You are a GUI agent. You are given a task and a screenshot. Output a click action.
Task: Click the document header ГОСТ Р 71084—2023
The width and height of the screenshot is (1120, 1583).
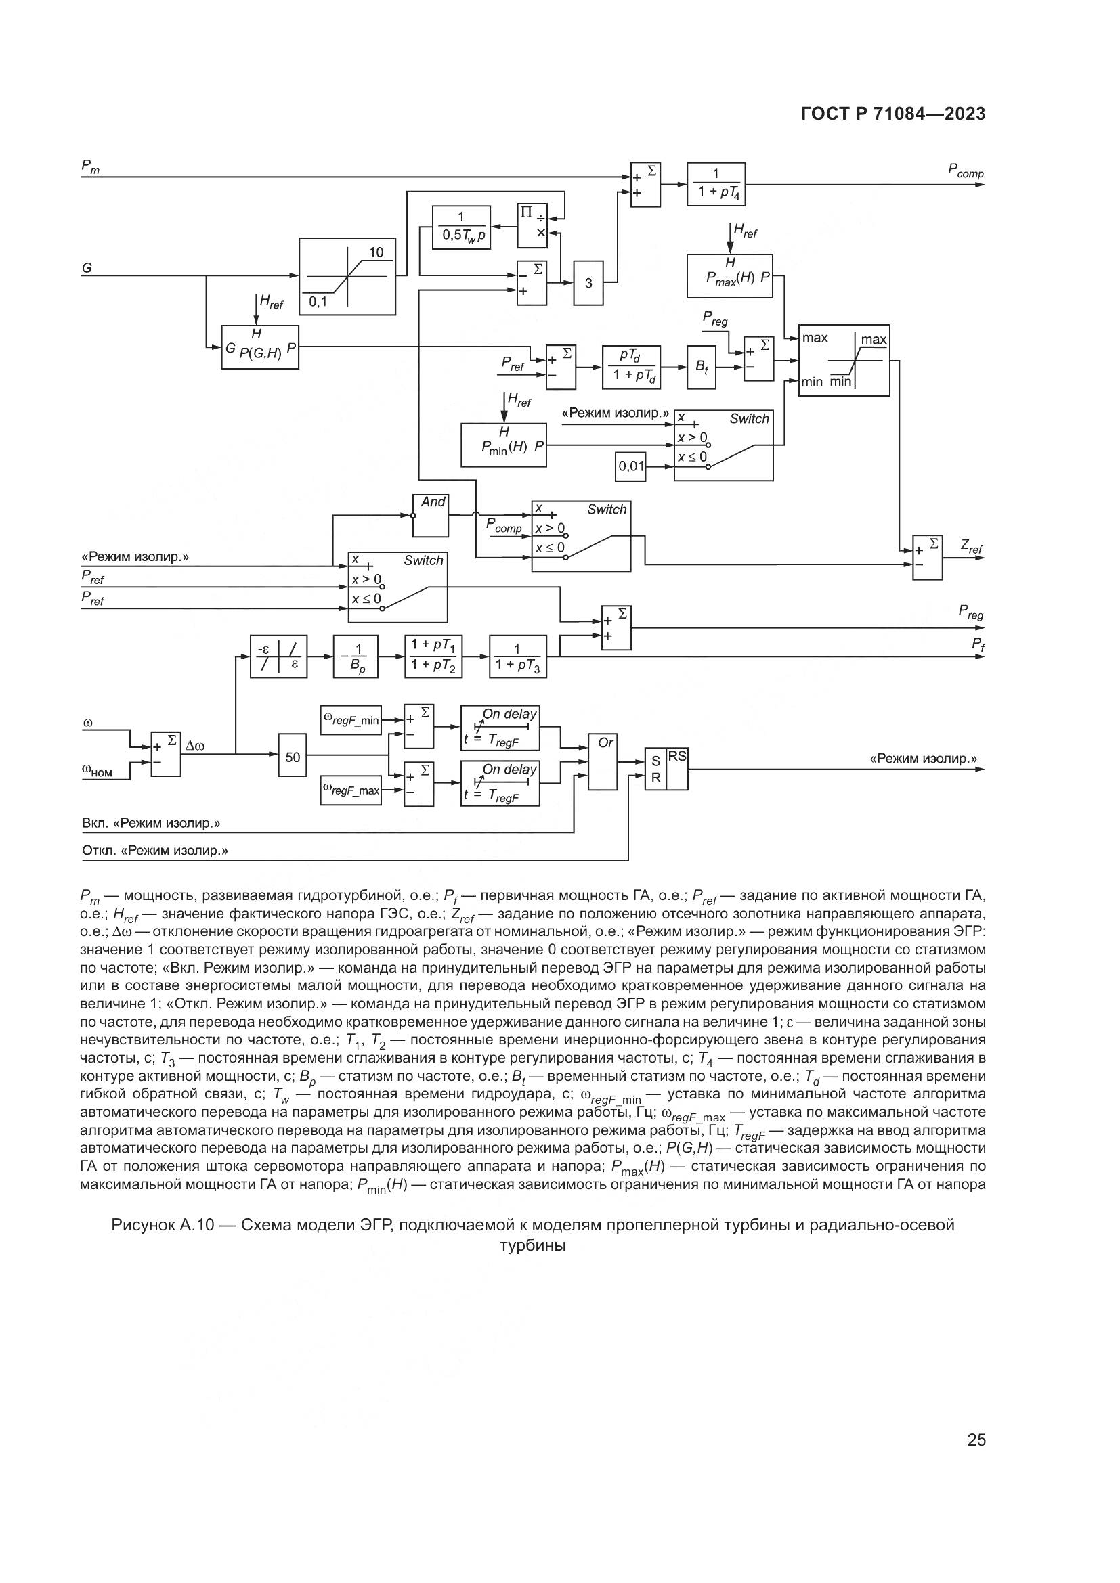893,114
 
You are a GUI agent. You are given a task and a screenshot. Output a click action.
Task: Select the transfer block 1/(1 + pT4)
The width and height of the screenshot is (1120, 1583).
716,184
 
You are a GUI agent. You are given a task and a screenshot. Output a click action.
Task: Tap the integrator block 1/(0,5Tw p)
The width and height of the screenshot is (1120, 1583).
460,227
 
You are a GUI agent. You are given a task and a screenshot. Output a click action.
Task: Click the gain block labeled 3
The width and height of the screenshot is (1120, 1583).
588,283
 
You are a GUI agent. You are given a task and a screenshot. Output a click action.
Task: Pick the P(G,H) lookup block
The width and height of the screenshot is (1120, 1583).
260,347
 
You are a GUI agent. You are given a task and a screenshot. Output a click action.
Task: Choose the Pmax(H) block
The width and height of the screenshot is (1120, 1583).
730,275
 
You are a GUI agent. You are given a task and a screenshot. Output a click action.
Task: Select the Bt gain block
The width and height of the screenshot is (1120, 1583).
702,367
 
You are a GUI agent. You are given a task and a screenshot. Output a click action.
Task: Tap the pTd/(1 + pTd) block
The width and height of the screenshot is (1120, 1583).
631,367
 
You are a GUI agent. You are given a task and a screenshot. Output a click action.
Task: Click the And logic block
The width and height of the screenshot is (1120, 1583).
431,516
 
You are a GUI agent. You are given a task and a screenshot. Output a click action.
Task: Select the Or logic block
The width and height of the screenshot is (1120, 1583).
603,761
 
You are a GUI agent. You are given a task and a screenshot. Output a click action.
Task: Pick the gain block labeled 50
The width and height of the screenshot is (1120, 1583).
293,757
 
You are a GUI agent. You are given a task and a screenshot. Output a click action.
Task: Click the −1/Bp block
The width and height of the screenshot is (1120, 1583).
356,656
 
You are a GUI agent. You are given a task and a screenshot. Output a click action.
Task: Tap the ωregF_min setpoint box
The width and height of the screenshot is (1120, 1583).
351,721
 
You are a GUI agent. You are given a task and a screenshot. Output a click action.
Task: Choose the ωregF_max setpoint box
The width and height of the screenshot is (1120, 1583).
351,790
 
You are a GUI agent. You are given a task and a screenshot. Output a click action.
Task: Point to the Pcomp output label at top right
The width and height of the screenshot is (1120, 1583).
966,172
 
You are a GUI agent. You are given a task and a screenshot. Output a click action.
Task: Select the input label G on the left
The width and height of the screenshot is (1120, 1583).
87,268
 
